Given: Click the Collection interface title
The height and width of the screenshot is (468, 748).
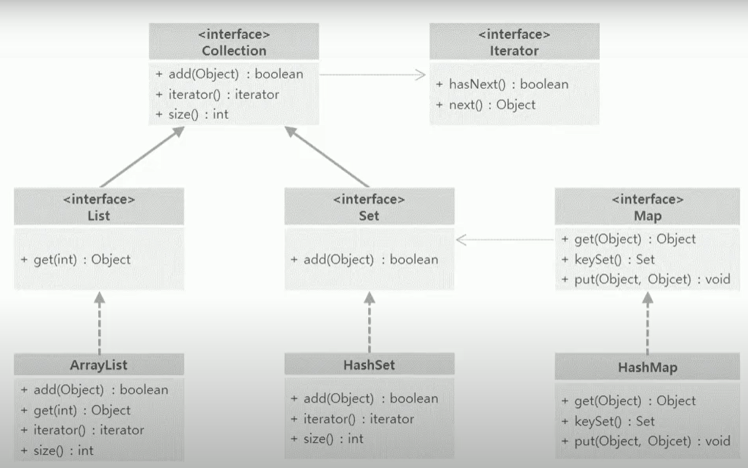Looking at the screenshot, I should [x=234, y=51].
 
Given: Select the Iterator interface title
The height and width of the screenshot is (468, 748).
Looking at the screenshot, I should [x=514, y=51].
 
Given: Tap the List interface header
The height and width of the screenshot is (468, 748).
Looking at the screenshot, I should [x=98, y=216].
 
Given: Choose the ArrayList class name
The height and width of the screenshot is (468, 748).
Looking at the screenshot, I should [x=99, y=365].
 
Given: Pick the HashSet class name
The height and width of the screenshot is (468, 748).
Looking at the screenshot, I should [x=369, y=365].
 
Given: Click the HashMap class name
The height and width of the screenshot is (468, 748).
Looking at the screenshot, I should [x=647, y=368].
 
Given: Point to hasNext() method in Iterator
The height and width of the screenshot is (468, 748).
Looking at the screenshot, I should [x=508, y=84].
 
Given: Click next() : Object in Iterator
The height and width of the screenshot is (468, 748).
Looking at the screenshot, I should [x=492, y=105].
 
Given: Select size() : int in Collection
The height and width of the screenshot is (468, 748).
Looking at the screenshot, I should [x=191, y=114].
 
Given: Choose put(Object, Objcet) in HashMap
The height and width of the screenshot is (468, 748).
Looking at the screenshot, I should [x=645, y=441].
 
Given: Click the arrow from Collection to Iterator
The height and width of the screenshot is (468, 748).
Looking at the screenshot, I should [x=373, y=74].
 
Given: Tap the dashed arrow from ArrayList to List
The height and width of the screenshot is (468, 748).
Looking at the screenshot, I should [x=99, y=323].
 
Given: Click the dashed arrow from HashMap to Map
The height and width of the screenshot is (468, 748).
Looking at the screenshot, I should [x=647, y=323].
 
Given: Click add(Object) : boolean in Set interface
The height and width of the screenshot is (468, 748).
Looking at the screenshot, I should [x=364, y=260].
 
